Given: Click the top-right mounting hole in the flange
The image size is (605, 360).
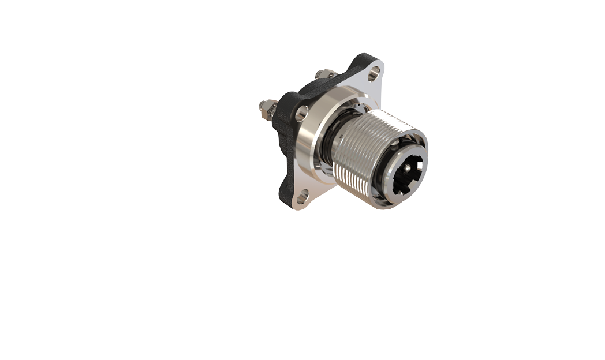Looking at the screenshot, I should pos(374,73).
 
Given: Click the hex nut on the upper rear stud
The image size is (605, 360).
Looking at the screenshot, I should pos(326,74).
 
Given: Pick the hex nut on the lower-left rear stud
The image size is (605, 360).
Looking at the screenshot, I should pos(269,110).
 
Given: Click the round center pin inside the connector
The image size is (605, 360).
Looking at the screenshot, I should pos(408,168).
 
